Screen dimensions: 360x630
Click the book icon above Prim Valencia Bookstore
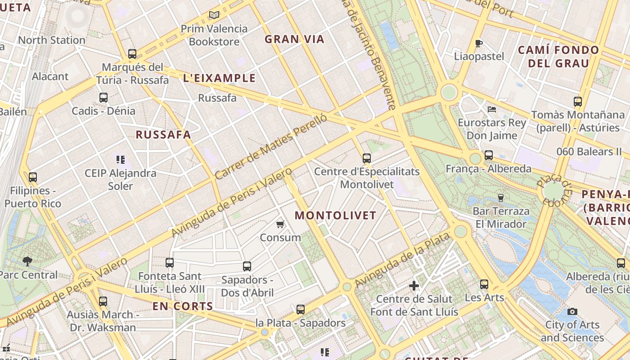(214, 15)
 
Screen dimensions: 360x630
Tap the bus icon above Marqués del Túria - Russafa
(132, 54)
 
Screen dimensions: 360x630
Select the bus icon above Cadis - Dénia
(103, 97)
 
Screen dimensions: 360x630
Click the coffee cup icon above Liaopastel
(479, 43)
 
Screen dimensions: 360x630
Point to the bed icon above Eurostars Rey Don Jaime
(491, 109)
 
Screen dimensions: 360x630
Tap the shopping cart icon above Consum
(280, 224)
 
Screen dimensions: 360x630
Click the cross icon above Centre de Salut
(414, 285)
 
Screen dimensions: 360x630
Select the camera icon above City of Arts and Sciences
(572, 311)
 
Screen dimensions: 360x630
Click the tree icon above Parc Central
(27, 261)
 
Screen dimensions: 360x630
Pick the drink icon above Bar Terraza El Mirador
(500, 198)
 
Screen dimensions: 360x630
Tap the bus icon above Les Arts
(484, 284)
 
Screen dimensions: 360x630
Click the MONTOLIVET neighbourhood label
(335, 215)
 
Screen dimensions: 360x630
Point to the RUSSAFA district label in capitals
(163, 134)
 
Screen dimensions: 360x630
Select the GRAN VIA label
(294, 39)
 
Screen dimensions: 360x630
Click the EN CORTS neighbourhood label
(183, 306)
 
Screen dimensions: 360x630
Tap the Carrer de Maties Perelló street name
(270, 147)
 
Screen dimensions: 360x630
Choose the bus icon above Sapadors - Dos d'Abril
(247, 266)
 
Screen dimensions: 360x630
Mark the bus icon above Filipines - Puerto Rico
(32, 177)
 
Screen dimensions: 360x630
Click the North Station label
(51, 40)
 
